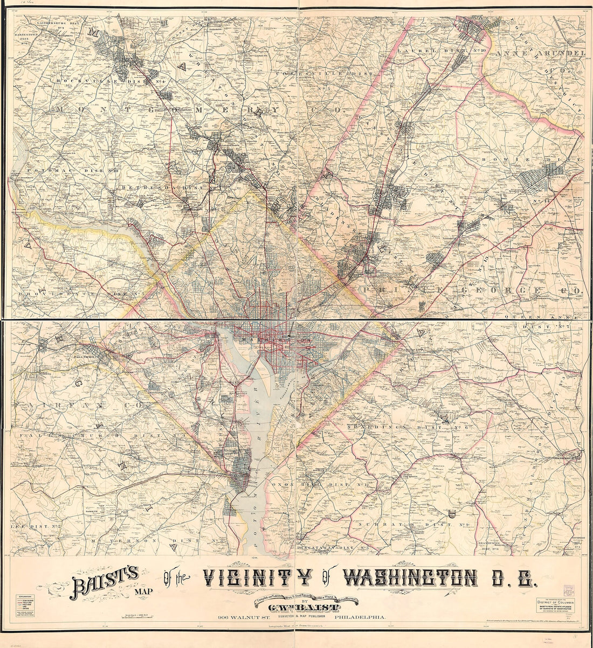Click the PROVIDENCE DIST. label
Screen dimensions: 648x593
[78, 294]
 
